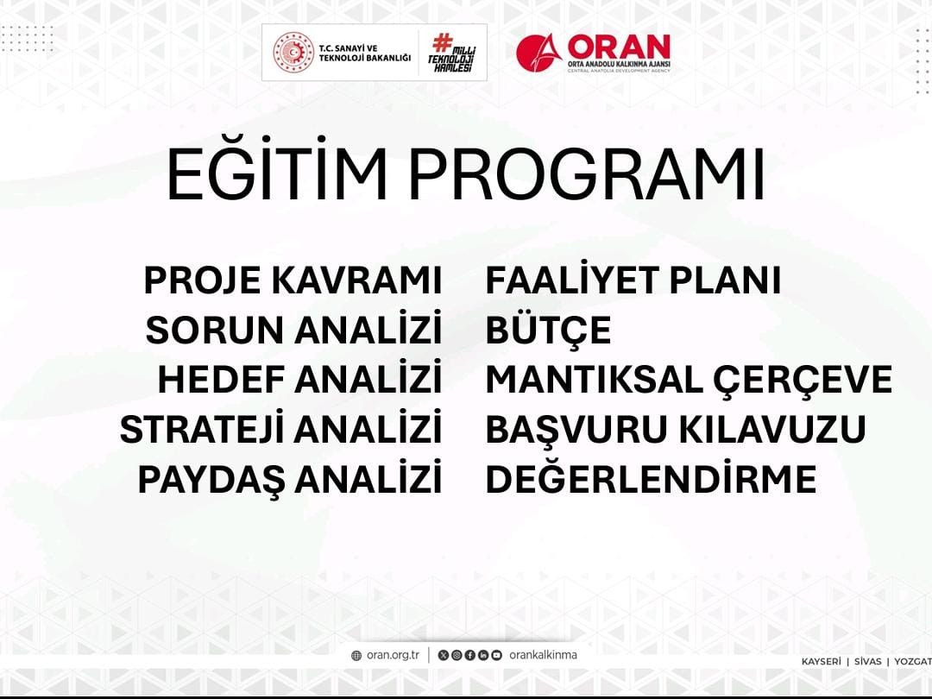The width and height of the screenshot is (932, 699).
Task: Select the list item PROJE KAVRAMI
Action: tap(293, 280)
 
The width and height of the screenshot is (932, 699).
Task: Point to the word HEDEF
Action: tap(221, 379)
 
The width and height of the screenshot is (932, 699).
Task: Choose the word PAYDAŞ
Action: tap(211, 479)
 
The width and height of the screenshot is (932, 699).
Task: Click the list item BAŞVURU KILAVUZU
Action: tap(676, 429)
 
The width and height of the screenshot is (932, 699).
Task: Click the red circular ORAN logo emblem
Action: tap(538, 53)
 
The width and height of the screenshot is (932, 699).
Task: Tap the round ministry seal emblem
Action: tap(293, 53)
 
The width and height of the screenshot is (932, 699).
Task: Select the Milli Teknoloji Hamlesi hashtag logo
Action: tap(451, 53)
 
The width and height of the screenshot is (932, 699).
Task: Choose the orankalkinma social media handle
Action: tap(543, 655)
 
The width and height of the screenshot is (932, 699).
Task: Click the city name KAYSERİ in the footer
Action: tap(821, 662)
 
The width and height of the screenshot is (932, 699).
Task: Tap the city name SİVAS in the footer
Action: tap(868, 662)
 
